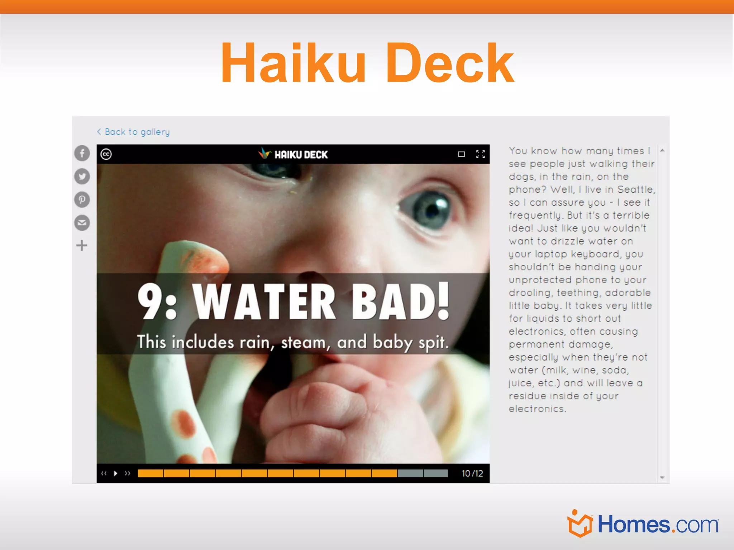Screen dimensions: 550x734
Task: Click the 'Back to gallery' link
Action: point(133,132)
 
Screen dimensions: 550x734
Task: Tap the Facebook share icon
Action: point(82,153)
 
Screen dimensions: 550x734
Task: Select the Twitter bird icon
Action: point(82,177)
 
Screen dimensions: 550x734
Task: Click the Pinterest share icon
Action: point(82,199)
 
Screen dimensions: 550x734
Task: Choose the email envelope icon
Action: point(82,223)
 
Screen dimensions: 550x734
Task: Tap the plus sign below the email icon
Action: point(82,246)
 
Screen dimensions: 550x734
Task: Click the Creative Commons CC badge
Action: point(106,154)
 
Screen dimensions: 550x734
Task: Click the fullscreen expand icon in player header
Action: point(480,154)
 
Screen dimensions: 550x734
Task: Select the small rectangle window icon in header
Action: point(461,154)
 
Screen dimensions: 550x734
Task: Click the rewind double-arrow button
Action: point(104,473)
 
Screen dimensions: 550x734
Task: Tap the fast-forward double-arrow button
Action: point(128,473)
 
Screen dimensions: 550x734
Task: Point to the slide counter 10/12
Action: point(472,473)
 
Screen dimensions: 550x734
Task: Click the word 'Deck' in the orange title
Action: point(449,63)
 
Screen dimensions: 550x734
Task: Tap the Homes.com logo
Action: point(643,524)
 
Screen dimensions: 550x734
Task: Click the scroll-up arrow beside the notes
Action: point(662,150)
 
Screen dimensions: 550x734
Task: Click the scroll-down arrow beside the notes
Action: point(662,478)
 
